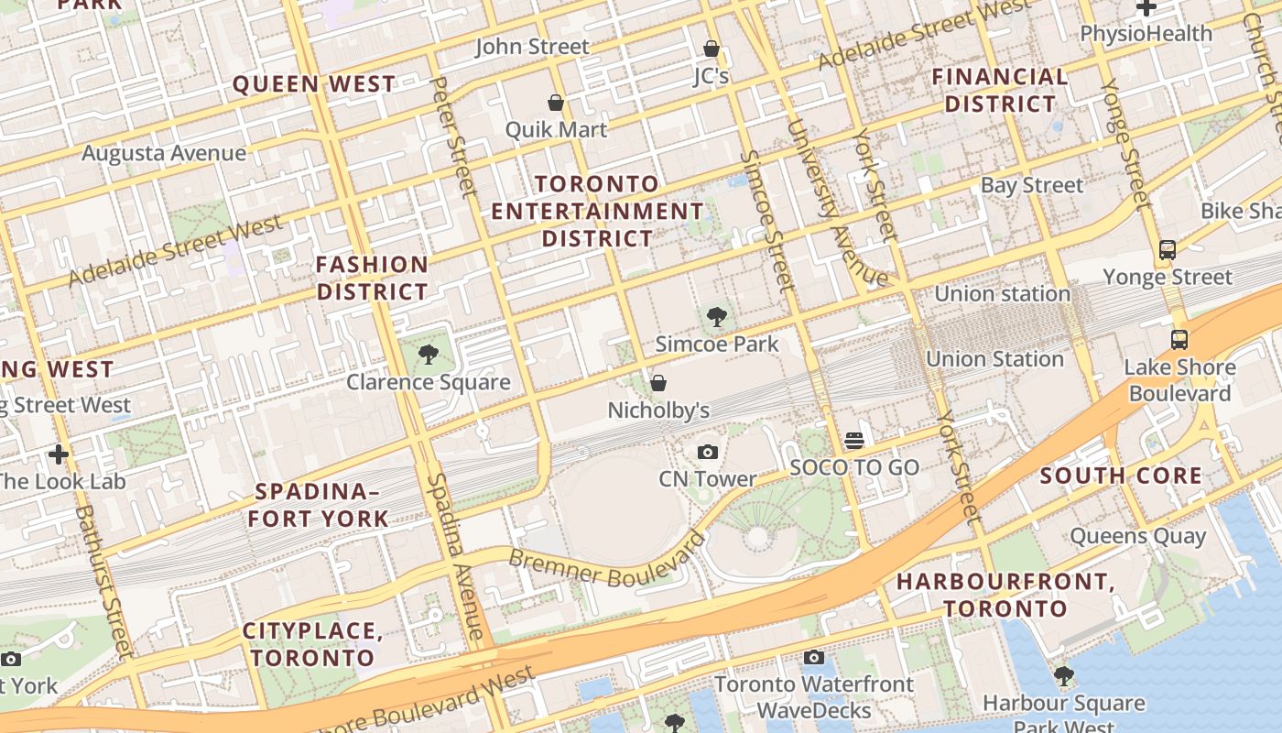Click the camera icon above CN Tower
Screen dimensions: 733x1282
707,452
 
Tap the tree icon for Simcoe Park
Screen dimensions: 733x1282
717,318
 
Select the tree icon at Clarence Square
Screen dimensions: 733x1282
427,355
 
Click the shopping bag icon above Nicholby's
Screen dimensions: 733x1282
658,383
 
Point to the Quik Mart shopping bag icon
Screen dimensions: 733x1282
555,103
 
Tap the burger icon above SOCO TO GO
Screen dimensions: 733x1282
854,441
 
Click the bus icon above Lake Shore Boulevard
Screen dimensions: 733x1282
1179,340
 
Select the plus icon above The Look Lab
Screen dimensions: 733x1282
59,454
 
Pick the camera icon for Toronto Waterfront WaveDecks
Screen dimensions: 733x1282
813,657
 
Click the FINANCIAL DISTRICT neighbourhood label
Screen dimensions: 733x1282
1000,90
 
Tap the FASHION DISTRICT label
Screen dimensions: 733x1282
373,279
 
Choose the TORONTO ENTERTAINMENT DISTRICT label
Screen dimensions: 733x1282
597,211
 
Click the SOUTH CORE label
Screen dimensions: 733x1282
1121,476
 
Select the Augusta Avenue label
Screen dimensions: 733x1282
164,153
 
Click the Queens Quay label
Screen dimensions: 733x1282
1137,536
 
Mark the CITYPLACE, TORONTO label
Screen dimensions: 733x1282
312,644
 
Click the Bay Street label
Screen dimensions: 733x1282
1031,185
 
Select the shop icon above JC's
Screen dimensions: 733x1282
711,49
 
